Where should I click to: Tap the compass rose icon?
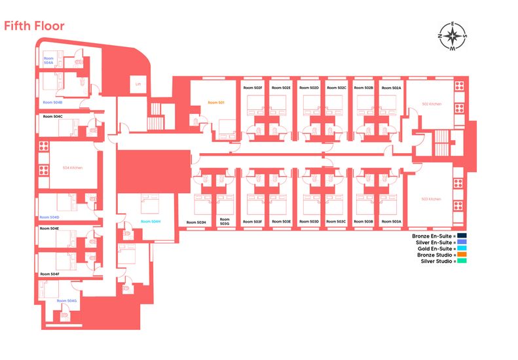[x=453, y=35]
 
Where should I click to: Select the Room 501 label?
[x=216, y=103]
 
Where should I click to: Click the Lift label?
[x=138, y=84]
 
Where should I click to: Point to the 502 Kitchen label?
[x=432, y=103]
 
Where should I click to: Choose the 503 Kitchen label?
[x=432, y=199]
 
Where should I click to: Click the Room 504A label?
[x=48, y=60]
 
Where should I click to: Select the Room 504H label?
[x=151, y=221]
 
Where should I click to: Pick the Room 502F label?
[x=252, y=88]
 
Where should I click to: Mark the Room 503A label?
[x=392, y=222]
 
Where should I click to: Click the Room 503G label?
[x=225, y=222]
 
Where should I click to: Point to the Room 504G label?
[x=67, y=300]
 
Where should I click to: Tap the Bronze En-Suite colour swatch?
[x=462, y=236]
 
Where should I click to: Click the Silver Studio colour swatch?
[x=462, y=261]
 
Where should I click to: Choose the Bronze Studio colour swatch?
[x=462, y=255]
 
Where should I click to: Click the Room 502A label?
[x=392, y=88]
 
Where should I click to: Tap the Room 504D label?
[x=49, y=217]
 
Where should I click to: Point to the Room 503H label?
[x=196, y=223]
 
